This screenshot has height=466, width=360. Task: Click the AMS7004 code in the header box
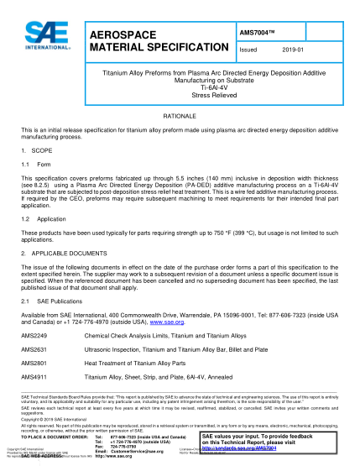257,32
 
